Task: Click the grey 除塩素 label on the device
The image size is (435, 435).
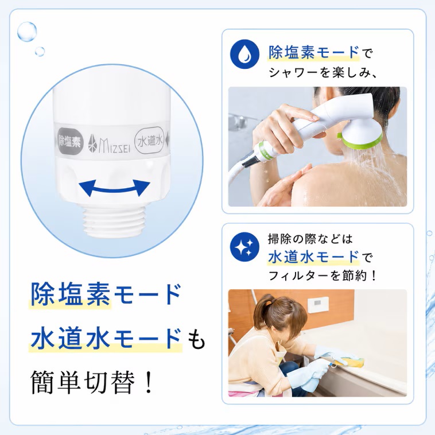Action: tap(70, 141)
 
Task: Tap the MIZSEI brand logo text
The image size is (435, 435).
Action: tap(109, 143)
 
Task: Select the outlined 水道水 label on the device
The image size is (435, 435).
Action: tap(150, 141)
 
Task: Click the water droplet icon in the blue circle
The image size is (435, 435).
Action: tap(244, 54)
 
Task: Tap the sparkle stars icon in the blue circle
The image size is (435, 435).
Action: tap(244, 247)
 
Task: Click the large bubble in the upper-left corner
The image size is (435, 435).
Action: tap(27, 32)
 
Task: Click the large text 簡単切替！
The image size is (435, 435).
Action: tap(92, 382)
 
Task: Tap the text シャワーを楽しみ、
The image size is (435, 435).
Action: tap(323, 73)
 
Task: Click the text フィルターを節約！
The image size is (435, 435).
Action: tap(323, 276)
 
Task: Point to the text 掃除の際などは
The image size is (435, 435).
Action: tap(310, 239)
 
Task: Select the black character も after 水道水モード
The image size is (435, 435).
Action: tap(196, 339)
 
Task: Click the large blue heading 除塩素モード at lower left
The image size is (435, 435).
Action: tap(106, 294)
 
